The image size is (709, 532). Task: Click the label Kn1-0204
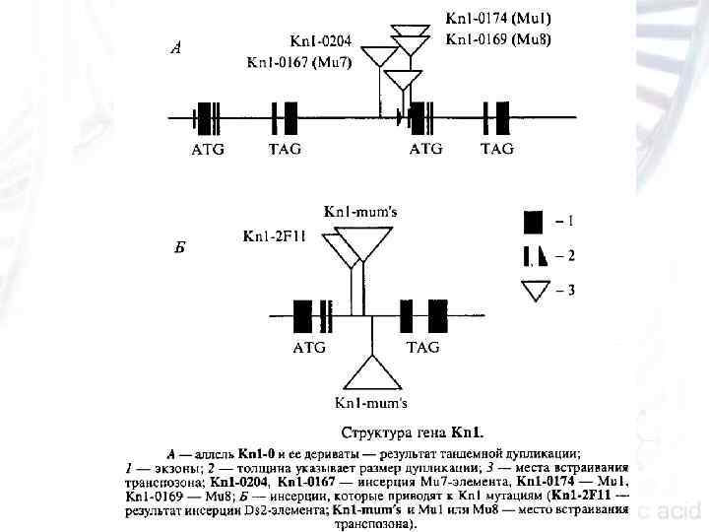click(x=325, y=41)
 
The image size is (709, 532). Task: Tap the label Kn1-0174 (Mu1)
click(x=498, y=19)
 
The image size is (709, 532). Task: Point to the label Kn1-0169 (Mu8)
click(x=498, y=40)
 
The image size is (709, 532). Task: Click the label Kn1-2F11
click(x=274, y=237)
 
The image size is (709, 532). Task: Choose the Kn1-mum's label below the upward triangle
click(x=371, y=403)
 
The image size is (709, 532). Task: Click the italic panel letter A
click(x=174, y=46)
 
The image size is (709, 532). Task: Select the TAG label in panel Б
click(x=422, y=348)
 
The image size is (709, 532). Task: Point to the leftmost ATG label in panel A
click(x=207, y=150)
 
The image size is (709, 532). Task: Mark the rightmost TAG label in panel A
click(x=496, y=150)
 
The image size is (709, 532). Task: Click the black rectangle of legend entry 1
click(x=533, y=221)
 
